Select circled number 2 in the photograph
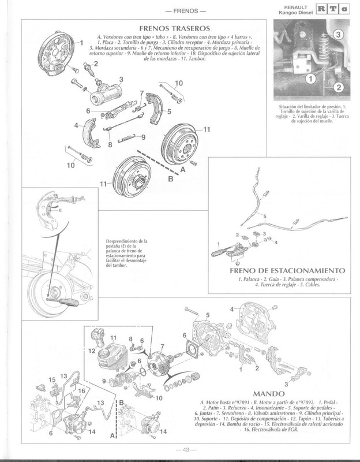click(339, 87)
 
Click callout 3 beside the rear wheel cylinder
click(121, 80)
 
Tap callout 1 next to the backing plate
click(81, 42)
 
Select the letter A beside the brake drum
click(182, 170)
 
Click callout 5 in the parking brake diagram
click(265, 217)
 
